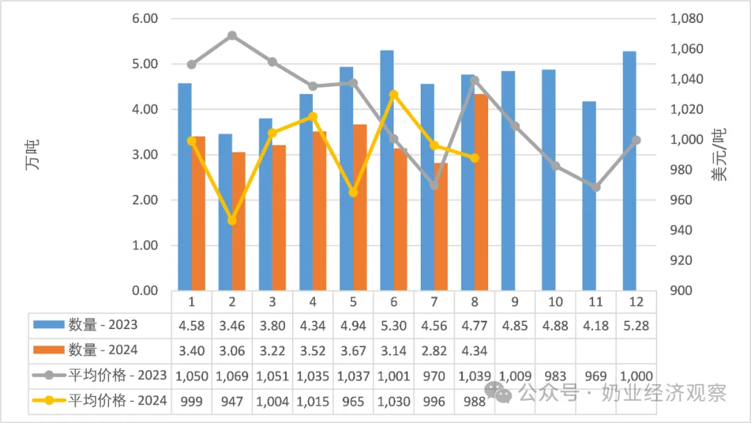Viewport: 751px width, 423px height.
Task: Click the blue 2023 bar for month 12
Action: point(629,170)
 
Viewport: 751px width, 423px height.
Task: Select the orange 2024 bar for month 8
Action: point(481,192)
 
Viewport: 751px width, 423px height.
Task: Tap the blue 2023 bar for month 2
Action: point(225,211)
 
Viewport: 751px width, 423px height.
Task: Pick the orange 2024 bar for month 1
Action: point(198,213)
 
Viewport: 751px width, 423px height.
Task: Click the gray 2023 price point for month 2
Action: point(232,35)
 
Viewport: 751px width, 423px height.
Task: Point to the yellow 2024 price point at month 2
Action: point(232,220)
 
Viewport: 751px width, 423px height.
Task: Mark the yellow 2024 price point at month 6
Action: point(394,95)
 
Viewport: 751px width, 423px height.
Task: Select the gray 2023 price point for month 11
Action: point(596,187)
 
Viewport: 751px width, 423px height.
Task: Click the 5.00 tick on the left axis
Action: point(145,64)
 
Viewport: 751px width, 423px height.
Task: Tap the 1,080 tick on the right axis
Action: point(686,19)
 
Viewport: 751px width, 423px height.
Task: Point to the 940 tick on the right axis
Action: point(681,230)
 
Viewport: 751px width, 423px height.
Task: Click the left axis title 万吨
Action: point(33,154)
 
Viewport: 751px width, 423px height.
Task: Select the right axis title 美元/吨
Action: point(719,154)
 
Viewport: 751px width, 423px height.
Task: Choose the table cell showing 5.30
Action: point(394,326)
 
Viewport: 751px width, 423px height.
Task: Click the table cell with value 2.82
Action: point(434,351)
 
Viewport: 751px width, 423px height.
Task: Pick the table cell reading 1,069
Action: point(232,376)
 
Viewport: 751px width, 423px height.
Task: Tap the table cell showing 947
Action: point(232,401)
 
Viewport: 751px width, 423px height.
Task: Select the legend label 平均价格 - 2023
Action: point(118,375)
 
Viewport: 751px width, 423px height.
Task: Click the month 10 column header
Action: point(555,302)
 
